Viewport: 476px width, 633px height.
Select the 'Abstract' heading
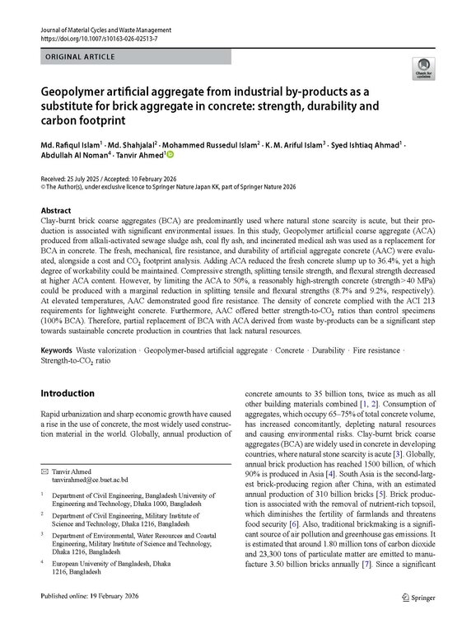[57, 211]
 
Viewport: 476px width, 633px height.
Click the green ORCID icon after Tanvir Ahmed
[171, 153]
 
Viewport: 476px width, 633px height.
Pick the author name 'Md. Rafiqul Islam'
[71, 141]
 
